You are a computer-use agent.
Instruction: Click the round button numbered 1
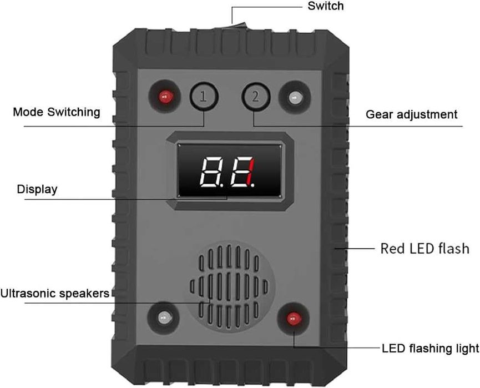[204, 97]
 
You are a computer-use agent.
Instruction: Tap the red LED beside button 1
[165, 97]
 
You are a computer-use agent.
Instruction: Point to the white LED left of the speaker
[165, 318]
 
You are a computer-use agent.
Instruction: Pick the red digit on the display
[251, 172]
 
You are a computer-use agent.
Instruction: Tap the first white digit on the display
[209, 172]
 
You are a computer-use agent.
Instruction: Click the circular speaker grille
[229, 286]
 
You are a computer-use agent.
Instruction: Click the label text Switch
[325, 6]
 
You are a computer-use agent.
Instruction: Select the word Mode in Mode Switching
[28, 112]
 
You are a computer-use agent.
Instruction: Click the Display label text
[37, 189]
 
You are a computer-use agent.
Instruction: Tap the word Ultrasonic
[28, 294]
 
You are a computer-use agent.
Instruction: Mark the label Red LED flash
[425, 248]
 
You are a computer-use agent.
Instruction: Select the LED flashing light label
[430, 349]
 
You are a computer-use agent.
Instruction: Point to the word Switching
[74, 112]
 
